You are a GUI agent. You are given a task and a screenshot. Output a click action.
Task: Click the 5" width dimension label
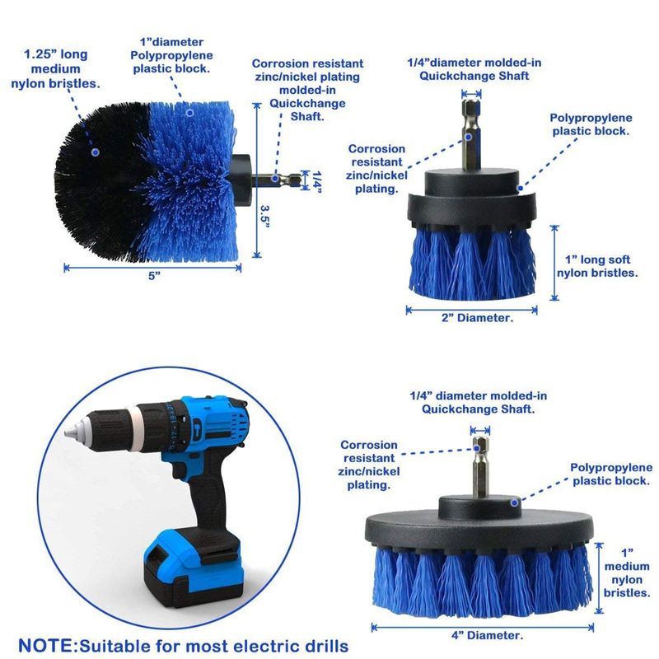[x=154, y=276]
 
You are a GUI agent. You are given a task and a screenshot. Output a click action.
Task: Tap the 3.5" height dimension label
[x=264, y=215]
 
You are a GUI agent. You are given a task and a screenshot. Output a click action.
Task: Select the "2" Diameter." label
[x=477, y=318]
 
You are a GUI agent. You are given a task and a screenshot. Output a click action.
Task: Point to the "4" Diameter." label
[x=487, y=635]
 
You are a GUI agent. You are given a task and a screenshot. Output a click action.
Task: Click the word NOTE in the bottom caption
[x=46, y=646]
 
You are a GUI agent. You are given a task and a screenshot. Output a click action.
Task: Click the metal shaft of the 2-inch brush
[x=471, y=134]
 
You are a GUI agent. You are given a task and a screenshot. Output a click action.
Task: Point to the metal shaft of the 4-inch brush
[x=480, y=466]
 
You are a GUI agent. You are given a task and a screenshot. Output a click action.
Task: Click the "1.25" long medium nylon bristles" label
[x=55, y=69]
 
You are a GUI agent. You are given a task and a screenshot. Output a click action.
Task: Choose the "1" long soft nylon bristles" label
[x=597, y=266]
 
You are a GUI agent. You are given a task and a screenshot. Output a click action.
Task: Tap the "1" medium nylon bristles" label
[x=627, y=573]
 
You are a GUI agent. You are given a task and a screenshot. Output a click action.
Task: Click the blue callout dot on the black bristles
[x=96, y=152]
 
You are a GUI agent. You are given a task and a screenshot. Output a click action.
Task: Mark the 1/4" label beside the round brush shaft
[x=317, y=181]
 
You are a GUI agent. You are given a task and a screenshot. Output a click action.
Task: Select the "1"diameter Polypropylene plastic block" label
[x=171, y=55]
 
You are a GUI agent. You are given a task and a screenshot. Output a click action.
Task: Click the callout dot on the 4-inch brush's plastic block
[x=514, y=502]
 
